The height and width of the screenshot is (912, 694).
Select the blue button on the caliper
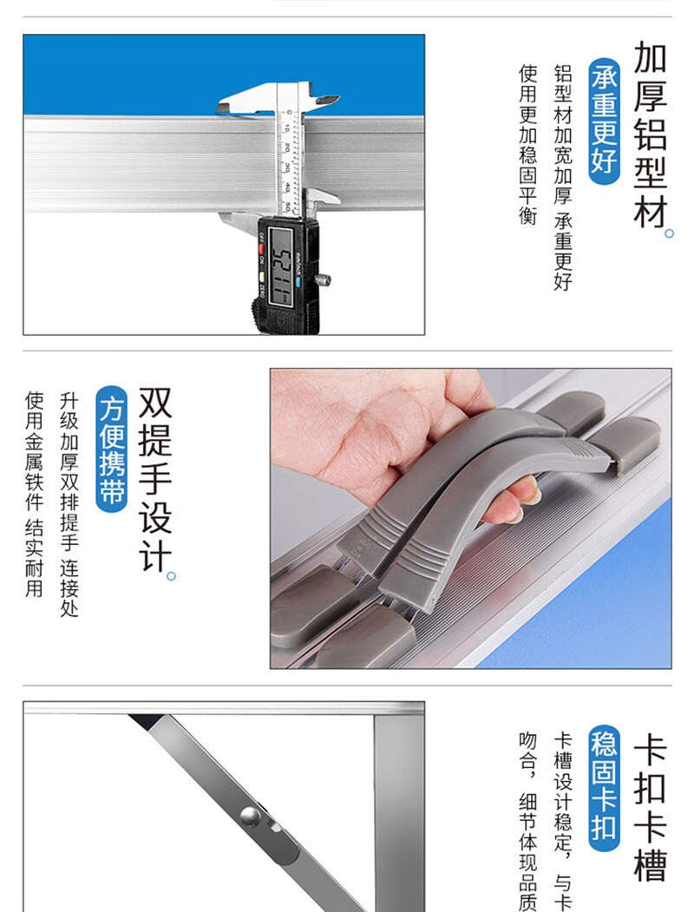tap(298, 283)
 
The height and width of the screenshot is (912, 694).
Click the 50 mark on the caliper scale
tap(286, 206)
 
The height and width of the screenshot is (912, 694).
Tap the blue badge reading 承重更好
tap(604, 121)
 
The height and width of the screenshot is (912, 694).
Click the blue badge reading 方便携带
tap(112, 449)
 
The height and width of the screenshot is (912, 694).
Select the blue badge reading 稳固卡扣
tap(604, 787)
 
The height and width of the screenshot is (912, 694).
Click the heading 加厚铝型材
tap(650, 135)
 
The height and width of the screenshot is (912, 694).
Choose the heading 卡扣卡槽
tap(650, 809)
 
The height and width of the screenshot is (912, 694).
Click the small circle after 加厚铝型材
tap(669, 233)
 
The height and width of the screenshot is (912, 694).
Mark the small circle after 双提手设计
tap(171, 576)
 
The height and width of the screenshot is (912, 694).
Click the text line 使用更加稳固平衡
tap(527, 144)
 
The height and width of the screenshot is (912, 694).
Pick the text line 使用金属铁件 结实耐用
tap(35, 494)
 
